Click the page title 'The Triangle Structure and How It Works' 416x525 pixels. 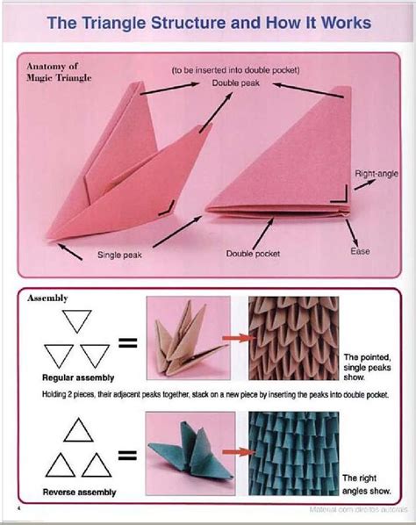click(x=208, y=23)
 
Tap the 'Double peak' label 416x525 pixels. click(x=230, y=83)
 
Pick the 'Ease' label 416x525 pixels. click(x=360, y=252)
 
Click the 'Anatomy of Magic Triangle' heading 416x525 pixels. click(x=54, y=72)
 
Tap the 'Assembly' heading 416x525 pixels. click(x=48, y=298)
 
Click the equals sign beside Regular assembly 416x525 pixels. click(x=128, y=343)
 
